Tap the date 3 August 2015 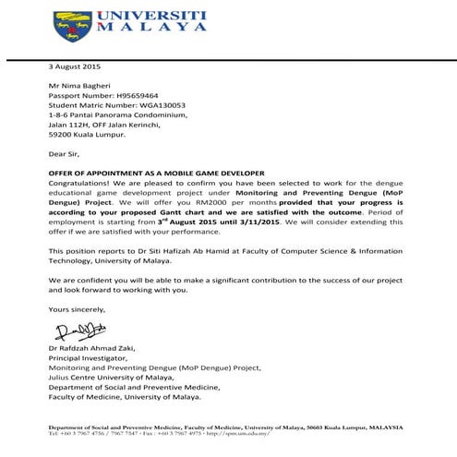[x=75, y=67]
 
